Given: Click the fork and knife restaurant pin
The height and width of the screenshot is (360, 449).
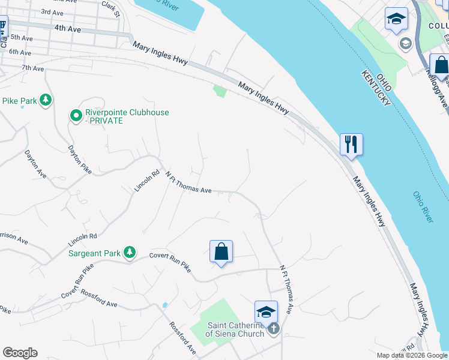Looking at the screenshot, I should point(351,145).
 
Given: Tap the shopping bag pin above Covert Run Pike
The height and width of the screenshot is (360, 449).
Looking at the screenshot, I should point(221,251).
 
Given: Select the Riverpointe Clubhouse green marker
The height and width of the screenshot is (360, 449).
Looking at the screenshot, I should point(76,116).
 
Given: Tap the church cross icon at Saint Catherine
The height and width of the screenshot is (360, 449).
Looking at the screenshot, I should point(274,329).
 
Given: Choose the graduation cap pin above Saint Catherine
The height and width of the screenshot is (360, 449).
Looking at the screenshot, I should point(266,312).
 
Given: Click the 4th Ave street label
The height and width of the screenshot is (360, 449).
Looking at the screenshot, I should point(67,28).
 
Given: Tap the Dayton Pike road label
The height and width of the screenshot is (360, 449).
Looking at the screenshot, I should point(79,160).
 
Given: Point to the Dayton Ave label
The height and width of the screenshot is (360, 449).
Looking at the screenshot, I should point(35,164).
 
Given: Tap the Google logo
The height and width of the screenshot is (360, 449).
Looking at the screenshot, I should point(20,353).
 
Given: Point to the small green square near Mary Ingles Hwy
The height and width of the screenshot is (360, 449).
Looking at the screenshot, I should point(220,91).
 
